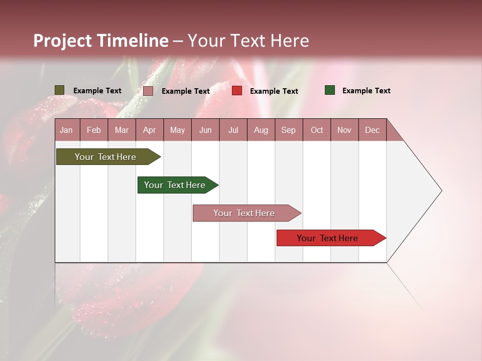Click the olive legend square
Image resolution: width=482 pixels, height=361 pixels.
tap(60, 90)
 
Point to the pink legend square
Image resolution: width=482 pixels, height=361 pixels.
tap(148, 91)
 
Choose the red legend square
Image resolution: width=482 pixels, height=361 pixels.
tap(237, 91)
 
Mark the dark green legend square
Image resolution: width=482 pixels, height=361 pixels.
tap(330, 90)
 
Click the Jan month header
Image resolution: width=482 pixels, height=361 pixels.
tap(66, 130)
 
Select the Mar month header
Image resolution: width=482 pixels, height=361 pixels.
tap(122, 130)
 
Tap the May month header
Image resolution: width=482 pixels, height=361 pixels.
tap(177, 130)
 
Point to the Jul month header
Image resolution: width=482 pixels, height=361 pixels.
tap(233, 130)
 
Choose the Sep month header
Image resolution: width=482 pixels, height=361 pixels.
tap(288, 130)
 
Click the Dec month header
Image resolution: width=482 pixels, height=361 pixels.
tap(372, 130)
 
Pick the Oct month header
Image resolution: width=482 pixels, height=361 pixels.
tap(317, 130)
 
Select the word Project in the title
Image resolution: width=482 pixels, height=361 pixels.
tap(62, 41)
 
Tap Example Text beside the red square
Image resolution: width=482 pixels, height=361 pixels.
tap(274, 91)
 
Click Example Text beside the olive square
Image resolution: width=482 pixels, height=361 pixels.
tap(97, 91)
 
